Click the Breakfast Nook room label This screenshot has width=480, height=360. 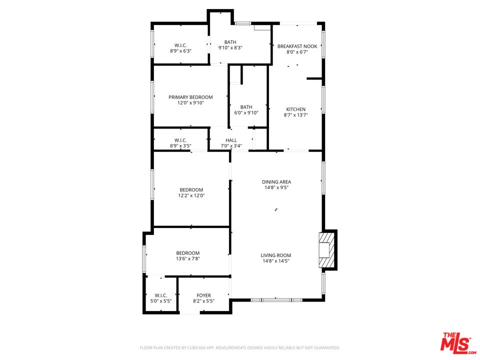296,45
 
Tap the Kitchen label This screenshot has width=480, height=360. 295,109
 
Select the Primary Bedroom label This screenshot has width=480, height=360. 190,97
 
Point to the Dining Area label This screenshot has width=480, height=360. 276,182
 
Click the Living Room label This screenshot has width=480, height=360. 276,255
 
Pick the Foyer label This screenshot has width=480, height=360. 203,295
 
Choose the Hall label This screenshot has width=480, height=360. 231,140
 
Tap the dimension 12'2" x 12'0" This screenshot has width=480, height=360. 191,195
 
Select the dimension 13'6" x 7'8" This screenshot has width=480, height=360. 187,259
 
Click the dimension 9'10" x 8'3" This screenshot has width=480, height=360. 230,48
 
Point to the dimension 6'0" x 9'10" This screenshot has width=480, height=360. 246,112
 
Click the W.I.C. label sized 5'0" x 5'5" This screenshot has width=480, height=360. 160,295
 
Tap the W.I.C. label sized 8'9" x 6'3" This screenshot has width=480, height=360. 180,45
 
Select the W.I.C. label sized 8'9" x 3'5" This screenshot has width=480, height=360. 180,140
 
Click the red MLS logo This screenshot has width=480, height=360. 455,342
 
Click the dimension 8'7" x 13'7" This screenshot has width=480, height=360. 295,115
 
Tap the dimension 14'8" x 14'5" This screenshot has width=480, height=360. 276,261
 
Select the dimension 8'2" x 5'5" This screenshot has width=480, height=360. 203,301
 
